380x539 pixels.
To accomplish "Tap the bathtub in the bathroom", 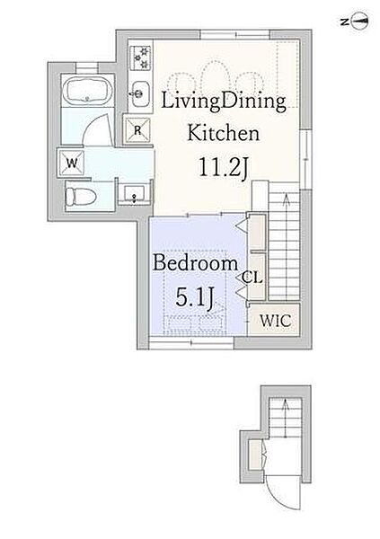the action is pos(88,90).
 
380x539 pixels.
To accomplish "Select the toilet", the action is pos(81,197).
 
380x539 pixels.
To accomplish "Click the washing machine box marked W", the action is pos(72,163).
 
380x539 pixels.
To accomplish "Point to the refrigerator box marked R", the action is pos(137,129).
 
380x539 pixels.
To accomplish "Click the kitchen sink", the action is pos(140,93).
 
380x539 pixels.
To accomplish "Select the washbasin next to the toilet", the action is pos(134,194).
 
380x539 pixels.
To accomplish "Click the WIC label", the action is pos(276,321).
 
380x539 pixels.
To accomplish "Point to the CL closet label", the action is pos(252,278).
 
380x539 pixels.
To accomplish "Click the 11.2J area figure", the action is pos(223,168).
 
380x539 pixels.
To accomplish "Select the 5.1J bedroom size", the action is pos(195,297).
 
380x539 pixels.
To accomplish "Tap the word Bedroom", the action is pos(195,263).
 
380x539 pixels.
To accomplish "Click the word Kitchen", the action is pos(223,133).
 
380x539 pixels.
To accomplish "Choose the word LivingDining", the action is pos(224,102).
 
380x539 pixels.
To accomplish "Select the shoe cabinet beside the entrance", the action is pos(255,455).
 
